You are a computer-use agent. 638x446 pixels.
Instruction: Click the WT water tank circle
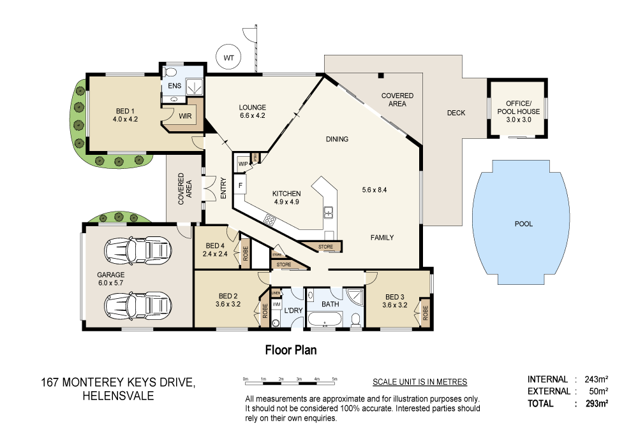point(228,58)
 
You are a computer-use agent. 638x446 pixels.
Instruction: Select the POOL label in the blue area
point(523,224)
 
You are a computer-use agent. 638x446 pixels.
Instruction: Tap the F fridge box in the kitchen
point(241,185)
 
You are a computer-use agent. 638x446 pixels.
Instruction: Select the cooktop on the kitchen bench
point(270,220)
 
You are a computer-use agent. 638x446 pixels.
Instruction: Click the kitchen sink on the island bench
point(329,213)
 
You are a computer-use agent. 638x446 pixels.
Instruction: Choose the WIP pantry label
point(242,164)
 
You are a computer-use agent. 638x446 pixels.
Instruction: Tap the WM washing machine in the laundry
point(276,305)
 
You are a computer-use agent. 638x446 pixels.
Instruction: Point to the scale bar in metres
point(290,380)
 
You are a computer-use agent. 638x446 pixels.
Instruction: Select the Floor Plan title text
point(291,350)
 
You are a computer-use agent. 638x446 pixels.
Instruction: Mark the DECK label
point(456,113)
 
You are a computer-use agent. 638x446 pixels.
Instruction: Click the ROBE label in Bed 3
point(425,314)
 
